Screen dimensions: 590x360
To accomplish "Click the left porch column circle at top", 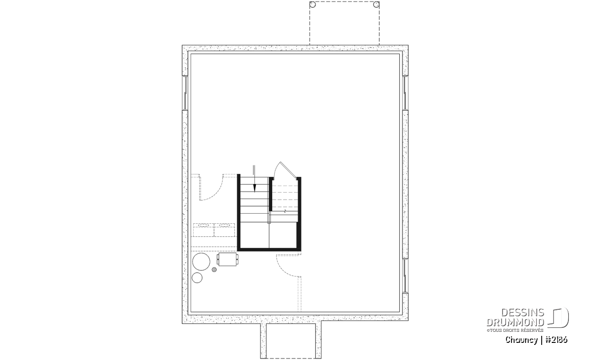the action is point(313,5).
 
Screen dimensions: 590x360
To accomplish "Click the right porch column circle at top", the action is point(376,5).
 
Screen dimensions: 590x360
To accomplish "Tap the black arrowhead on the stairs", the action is point(255,188).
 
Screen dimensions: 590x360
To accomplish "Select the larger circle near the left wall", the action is point(201,261).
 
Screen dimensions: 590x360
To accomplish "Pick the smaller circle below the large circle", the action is point(197,278).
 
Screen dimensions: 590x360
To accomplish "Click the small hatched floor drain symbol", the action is point(214,269).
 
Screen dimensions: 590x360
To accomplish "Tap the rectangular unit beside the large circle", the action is point(228,259).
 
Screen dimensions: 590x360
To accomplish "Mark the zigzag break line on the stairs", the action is point(285,212).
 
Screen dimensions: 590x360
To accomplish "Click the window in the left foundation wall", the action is point(185,93).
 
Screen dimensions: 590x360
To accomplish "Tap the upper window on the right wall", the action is point(405,93).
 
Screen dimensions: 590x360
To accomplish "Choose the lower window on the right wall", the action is point(405,276).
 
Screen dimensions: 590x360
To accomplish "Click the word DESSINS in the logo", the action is point(523,313).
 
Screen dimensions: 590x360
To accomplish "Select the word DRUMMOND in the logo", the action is point(516,322).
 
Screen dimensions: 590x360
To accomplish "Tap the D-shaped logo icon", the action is point(559,318).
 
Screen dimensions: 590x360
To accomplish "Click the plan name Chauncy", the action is point(522,340).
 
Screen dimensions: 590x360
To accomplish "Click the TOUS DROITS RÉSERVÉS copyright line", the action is point(515,330).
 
